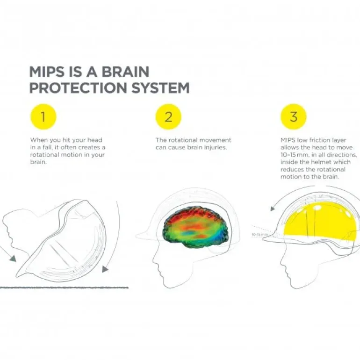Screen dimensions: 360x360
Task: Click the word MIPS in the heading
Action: pos(45,72)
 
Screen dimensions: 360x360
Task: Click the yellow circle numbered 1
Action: pos(43,117)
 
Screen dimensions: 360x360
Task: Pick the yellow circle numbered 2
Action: pos(168,117)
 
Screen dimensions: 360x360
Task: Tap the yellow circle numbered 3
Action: pos(293,117)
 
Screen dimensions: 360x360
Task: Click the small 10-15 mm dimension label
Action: pos(259,234)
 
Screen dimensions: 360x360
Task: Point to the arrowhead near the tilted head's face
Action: pos(12,258)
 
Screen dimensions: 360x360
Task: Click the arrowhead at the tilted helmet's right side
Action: pos(105,269)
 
